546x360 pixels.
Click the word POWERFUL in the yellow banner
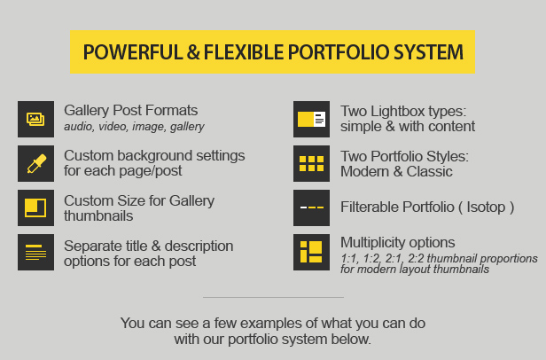pos(133,52)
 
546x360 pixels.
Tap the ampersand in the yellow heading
pos(193,52)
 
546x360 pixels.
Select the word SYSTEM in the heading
pos(428,52)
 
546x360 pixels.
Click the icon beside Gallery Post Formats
pos(35,119)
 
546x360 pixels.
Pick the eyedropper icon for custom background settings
pos(35,163)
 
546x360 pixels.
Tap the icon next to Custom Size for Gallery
pos(35,207)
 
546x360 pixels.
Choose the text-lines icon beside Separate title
pos(35,252)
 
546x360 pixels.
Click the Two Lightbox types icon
pos(311,119)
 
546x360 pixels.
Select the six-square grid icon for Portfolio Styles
pos(311,163)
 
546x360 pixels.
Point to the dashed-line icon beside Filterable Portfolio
pos(311,207)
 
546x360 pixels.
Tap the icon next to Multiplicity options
pos(311,252)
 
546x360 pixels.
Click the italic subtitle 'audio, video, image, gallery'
pos(134,127)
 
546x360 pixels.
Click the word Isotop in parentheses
pos(486,207)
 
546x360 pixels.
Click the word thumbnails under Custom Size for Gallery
pos(98,216)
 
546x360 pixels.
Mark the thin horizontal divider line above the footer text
pos(273,297)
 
